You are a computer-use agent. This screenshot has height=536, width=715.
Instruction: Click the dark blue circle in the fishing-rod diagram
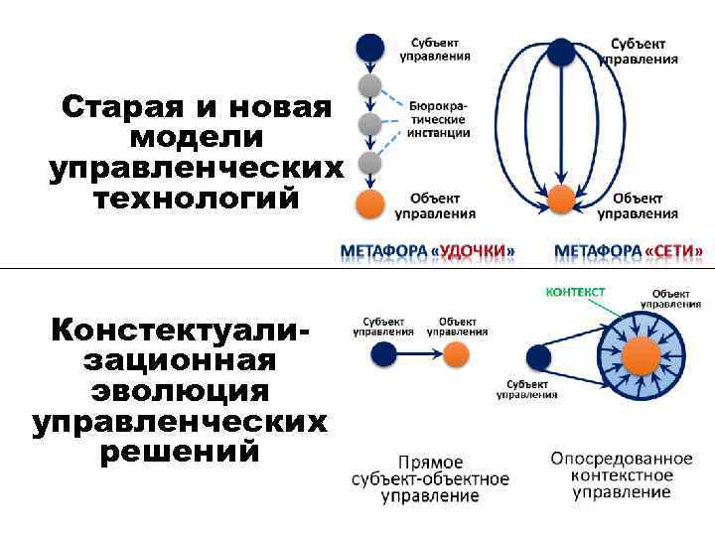pos(370,47)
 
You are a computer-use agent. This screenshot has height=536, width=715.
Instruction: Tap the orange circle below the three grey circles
pos(370,205)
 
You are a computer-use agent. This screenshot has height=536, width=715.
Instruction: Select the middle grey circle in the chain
pos(370,124)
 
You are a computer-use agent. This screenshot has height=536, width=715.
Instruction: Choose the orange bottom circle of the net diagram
pos(561,199)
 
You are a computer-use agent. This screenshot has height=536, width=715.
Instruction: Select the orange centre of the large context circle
pos(641,355)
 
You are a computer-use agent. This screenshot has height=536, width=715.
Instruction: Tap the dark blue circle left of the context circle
pos(538,355)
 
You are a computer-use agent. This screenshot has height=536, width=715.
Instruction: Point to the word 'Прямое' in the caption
pos(430,463)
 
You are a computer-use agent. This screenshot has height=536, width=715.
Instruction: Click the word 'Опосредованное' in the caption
pos(622,459)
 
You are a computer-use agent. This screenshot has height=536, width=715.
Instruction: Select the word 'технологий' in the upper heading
pos(195,199)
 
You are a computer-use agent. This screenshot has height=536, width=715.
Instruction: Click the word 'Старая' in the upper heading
pos(109,106)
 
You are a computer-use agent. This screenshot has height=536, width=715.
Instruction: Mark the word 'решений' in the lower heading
pos(179,452)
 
